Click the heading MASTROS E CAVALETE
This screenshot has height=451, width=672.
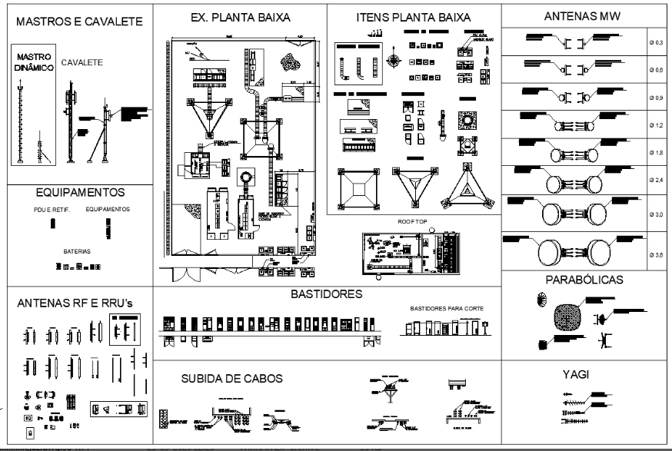coord(80,22)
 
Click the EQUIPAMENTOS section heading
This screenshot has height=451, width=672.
coord(80,192)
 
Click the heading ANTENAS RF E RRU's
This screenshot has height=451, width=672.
coord(76,304)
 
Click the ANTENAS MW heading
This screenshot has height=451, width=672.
coord(581,15)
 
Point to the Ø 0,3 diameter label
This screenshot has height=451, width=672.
coord(655,45)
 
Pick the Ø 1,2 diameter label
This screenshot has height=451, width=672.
coord(655,124)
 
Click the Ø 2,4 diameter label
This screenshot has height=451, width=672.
coord(655,181)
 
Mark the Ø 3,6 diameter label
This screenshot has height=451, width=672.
coord(655,264)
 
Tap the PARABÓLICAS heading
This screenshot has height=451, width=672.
coord(584,279)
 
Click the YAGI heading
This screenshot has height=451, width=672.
coord(584,374)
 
